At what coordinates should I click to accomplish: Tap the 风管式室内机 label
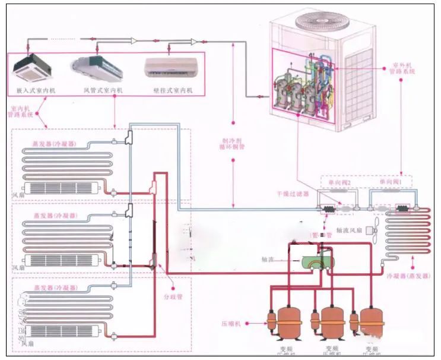click(x=103, y=90)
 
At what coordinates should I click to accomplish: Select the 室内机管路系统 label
click(x=19, y=112)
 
